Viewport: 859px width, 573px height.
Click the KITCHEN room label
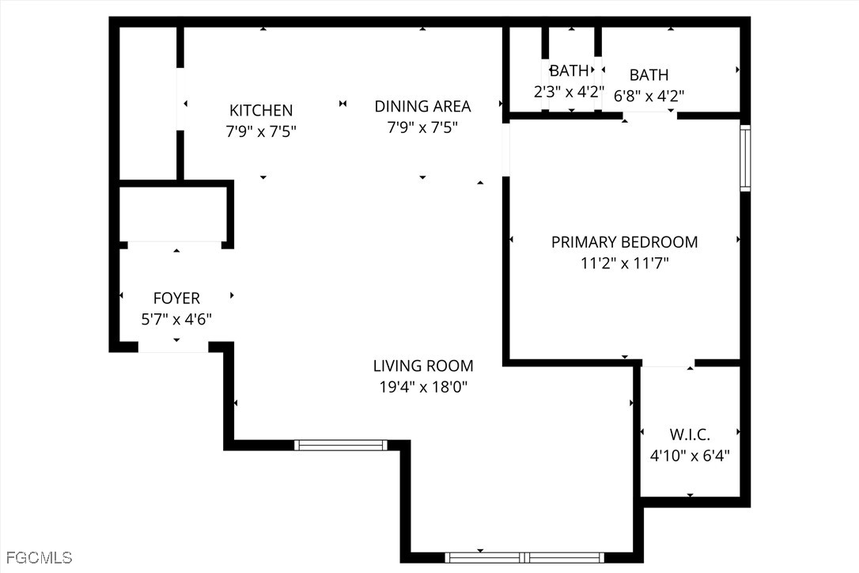click(x=261, y=110)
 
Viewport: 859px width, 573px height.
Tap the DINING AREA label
click(x=422, y=106)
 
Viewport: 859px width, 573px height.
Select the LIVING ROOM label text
click(x=423, y=366)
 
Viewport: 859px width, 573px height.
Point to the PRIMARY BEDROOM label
click(x=625, y=242)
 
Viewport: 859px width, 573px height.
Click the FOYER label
click(x=176, y=298)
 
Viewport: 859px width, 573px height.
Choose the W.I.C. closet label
click(x=690, y=434)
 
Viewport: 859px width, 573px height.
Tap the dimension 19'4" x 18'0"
click(x=423, y=387)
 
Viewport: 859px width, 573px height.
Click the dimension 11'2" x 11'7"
click(x=625, y=264)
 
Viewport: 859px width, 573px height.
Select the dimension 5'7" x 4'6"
click(x=176, y=319)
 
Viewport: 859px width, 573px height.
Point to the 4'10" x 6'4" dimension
click(x=690, y=456)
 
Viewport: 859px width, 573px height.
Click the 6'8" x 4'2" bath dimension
click(x=649, y=96)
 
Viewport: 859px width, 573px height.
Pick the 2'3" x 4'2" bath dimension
click(x=570, y=92)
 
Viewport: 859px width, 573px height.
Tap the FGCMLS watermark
click(x=36, y=558)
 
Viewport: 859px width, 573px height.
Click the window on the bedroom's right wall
click(x=745, y=158)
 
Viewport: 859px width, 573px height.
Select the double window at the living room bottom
click(x=524, y=558)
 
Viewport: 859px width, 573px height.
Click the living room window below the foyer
click(x=341, y=446)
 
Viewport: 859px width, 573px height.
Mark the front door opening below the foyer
click(x=173, y=347)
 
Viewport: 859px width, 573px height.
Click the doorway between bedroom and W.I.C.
click(x=668, y=363)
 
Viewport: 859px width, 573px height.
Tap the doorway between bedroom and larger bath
click(x=650, y=115)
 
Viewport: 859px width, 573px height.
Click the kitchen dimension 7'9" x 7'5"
click(x=261, y=131)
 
